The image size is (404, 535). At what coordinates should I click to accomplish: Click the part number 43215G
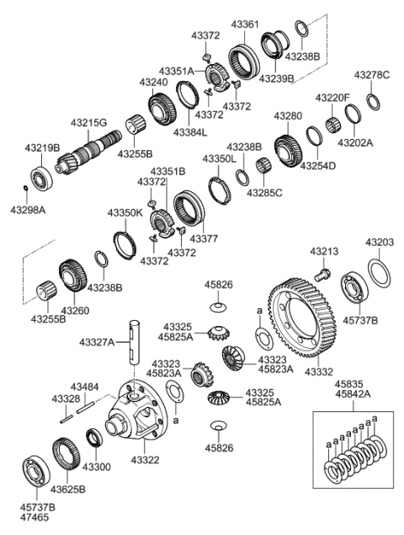(88, 123)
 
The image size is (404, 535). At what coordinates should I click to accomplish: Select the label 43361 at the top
(247, 25)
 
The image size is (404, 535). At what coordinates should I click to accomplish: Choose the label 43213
(323, 251)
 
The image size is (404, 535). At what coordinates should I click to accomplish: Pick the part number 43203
(379, 242)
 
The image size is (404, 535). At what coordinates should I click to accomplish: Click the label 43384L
(190, 132)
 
